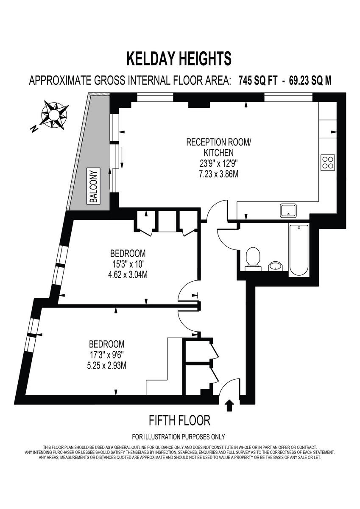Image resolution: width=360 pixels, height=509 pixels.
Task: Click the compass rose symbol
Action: [54, 114]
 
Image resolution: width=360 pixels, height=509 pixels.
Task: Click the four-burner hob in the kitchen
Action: [328, 162]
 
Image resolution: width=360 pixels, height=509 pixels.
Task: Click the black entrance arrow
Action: [230, 405]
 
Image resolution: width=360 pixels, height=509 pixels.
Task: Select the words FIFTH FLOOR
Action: [180, 420]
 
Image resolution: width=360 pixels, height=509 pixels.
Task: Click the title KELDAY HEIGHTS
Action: [179, 59]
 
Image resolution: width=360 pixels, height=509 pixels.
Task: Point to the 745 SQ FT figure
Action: [258, 81]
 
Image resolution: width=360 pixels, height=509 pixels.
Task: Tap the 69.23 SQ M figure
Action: [310, 81]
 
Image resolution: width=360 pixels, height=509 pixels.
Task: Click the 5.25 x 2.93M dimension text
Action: [106, 365]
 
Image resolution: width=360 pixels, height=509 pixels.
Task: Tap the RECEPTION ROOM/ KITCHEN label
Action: [218, 147]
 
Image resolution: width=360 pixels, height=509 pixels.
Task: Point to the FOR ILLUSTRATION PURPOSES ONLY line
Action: [179, 437]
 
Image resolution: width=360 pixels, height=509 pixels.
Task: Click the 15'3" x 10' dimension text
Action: [128, 264]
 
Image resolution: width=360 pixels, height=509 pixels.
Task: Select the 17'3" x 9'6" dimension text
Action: [106, 354]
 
